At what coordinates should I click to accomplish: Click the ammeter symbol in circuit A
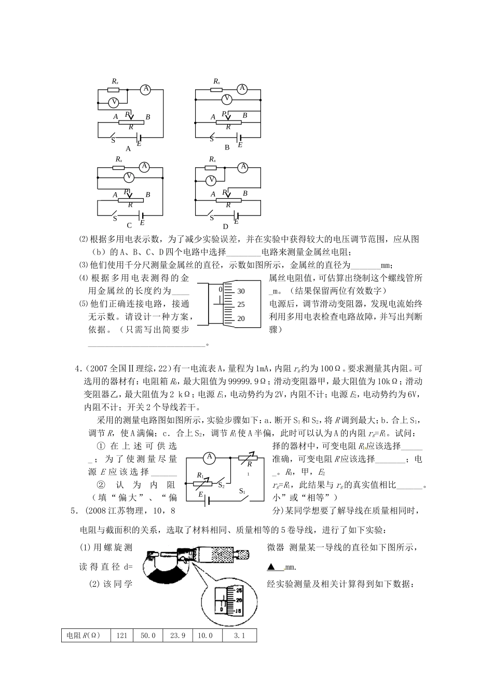click(146, 89)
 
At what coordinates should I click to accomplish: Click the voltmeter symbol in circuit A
click(114, 102)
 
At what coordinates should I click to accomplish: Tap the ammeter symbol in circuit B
click(241, 88)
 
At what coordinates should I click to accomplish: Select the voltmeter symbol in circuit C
click(131, 178)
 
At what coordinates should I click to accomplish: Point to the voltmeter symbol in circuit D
click(211, 180)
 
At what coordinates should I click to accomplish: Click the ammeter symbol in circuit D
click(242, 167)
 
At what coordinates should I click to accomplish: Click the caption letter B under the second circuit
click(227, 147)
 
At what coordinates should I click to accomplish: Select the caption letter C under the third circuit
click(129, 225)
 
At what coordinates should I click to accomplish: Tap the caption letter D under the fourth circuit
click(226, 226)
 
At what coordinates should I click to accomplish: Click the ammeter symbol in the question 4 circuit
click(209, 457)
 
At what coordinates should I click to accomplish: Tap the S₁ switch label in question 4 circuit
click(242, 491)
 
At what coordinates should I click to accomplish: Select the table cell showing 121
click(122, 636)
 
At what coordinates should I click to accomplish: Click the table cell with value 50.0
click(148, 636)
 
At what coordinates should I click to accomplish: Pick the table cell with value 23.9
click(177, 636)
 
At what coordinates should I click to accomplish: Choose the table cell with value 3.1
click(239, 636)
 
